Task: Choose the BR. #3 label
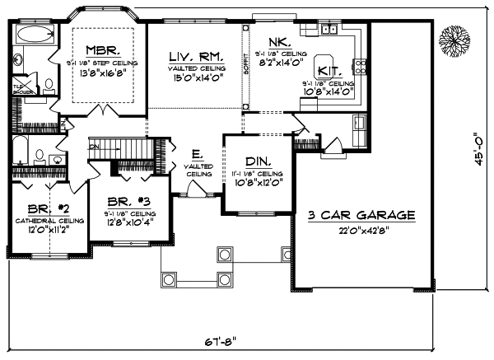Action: tap(127, 201)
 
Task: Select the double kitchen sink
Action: tap(328, 29)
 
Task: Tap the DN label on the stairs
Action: tap(93, 147)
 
